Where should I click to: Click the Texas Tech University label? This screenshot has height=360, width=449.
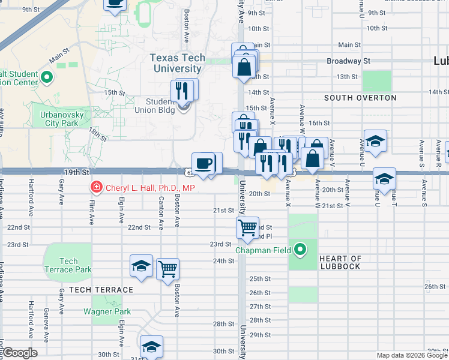[177, 63]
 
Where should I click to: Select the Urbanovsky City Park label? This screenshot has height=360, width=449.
[59, 119]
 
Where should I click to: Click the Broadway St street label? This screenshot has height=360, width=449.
[348, 61]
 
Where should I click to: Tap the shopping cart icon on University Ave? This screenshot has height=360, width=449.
[247, 228]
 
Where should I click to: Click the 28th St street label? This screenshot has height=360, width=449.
[224, 324]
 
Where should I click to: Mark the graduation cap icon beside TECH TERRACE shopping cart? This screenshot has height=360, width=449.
[141, 266]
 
